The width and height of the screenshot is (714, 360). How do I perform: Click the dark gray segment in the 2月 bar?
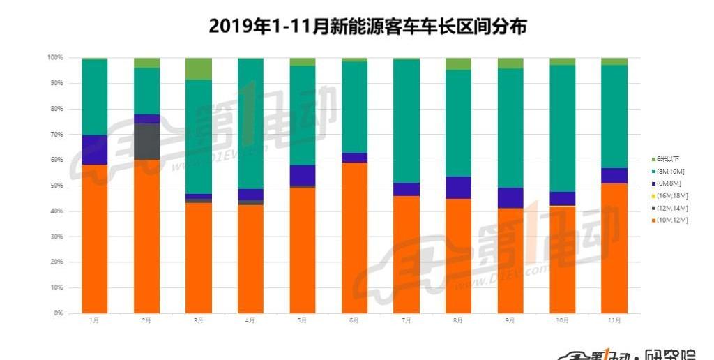(146, 141)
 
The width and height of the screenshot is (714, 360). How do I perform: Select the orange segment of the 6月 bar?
(354, 237)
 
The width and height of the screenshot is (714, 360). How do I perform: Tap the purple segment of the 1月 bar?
(95, 150)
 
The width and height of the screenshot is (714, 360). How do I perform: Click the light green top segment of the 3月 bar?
(199, 68)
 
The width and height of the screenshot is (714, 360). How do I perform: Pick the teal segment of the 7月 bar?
(406, 121)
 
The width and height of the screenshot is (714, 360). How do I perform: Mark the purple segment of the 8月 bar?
(458, 188)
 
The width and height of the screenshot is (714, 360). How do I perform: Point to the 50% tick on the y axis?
(56, 186)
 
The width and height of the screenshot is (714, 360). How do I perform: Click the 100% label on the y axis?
(55, 57)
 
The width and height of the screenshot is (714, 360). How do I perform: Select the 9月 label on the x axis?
(510, 320)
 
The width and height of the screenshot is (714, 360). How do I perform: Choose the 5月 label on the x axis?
(302, 320)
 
